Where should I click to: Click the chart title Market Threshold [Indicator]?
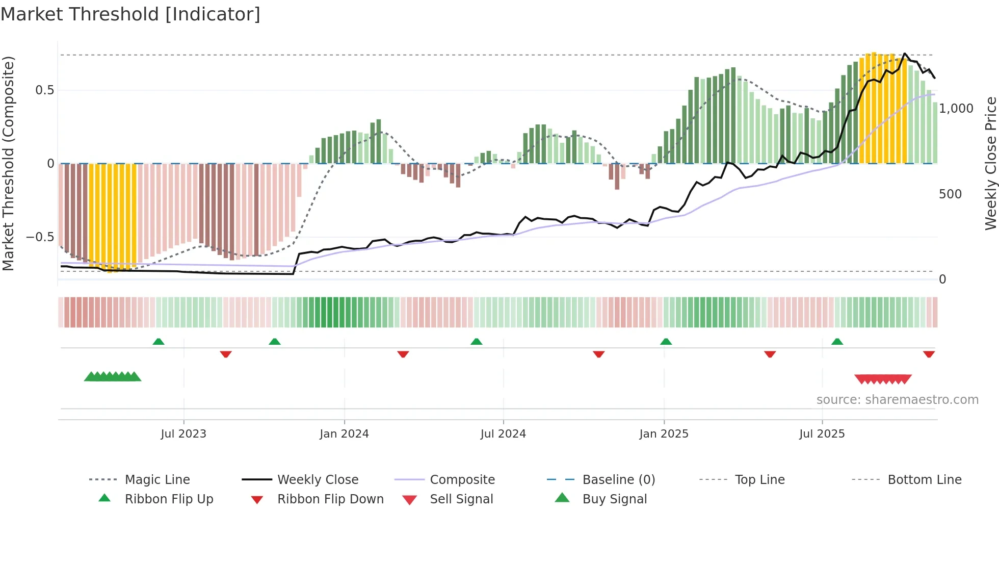pos(130,14)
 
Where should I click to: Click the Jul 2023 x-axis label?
pos(183,433)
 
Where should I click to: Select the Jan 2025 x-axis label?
pos(664,433)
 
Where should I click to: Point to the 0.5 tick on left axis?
pos(45,90)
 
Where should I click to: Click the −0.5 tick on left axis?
pos(40,237)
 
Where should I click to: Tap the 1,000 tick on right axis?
pos(956,108)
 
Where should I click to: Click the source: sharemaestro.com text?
pos(897,399)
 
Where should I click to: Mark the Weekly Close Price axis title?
pos(990,163)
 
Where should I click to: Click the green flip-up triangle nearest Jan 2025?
pos(666,342)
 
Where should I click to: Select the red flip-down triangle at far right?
pos(929,354)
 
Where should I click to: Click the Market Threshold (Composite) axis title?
pos(8,163)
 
